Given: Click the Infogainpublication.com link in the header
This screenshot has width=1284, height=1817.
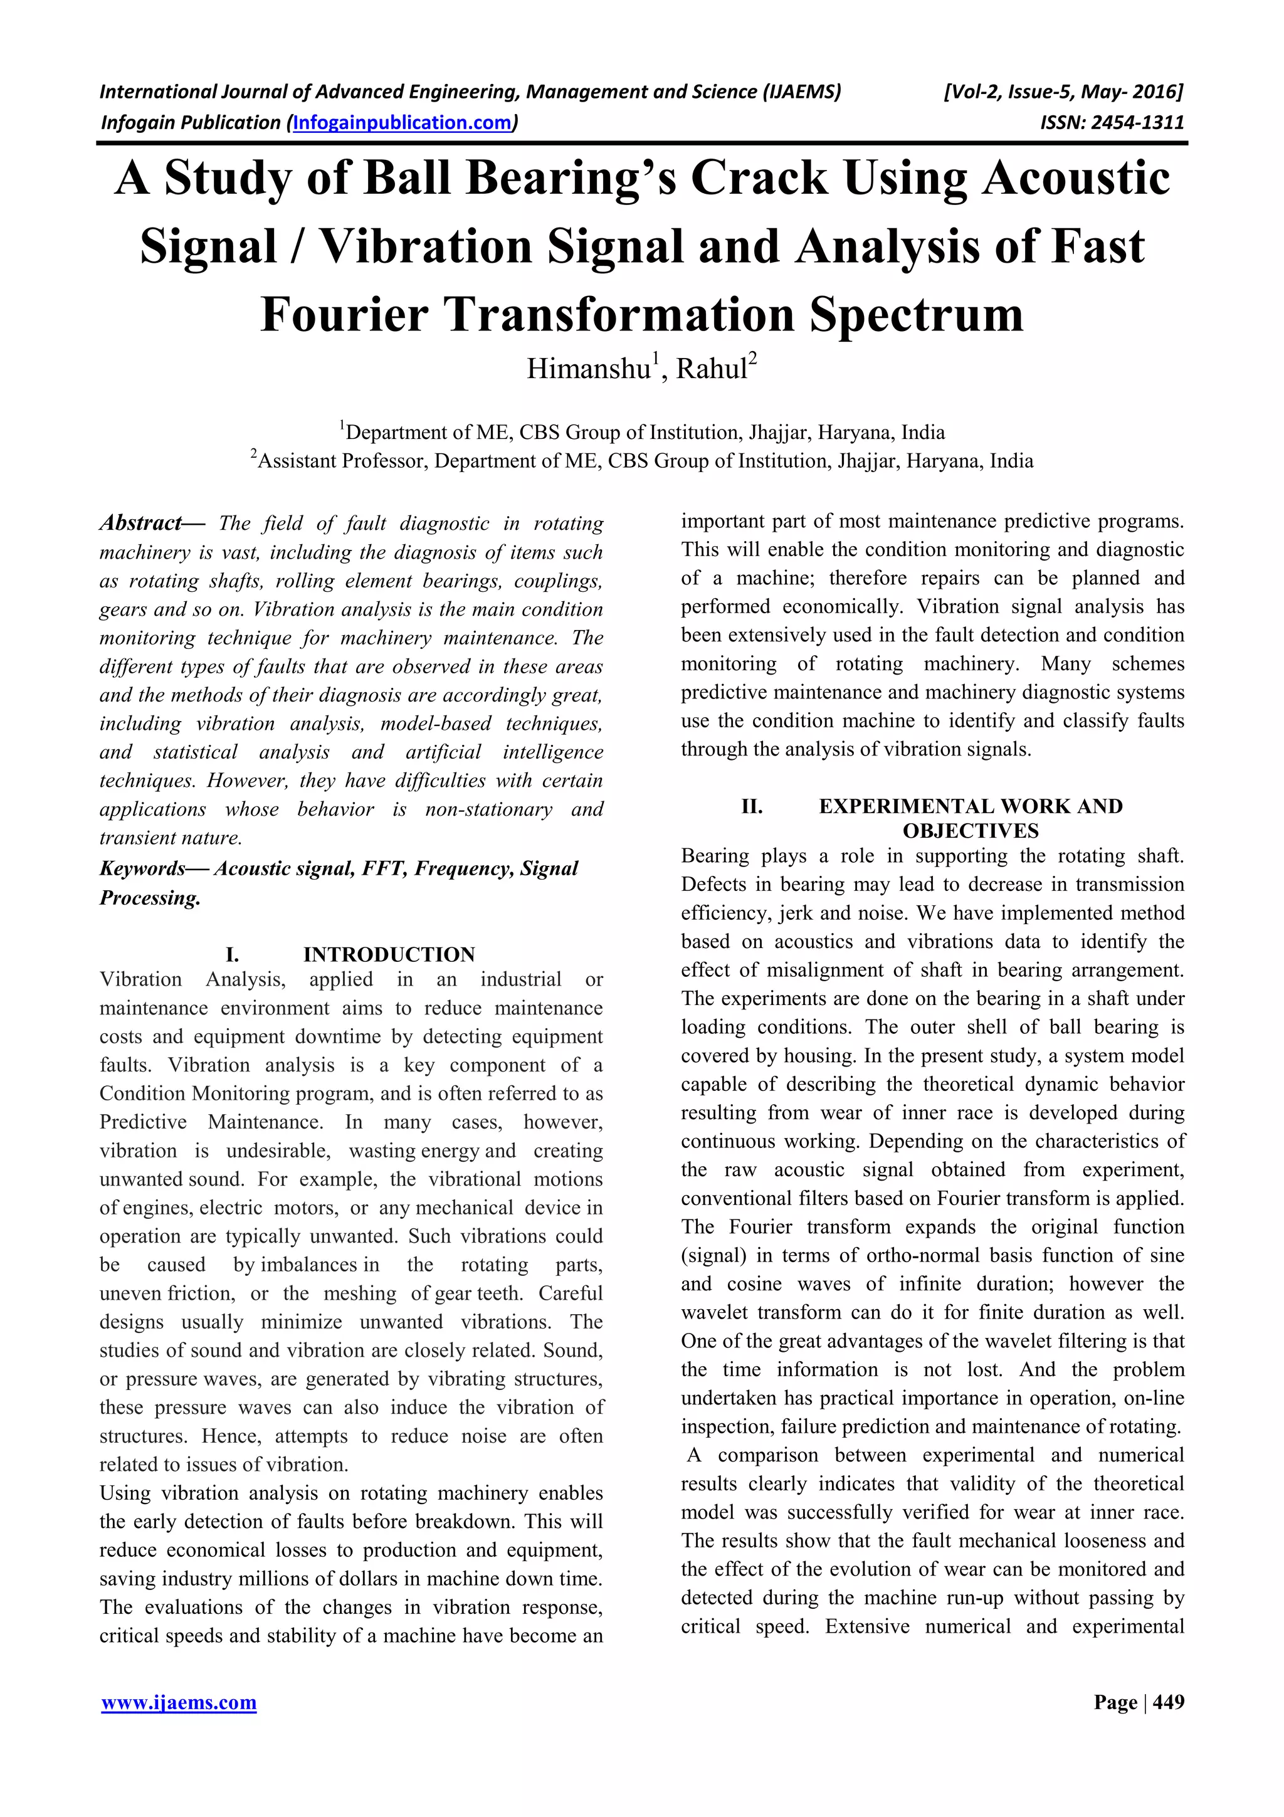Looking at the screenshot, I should [403, 123].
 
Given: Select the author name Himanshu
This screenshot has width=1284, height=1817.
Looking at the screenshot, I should [589, 369].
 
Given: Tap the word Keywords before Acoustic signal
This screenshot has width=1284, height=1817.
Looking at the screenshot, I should [142, 868].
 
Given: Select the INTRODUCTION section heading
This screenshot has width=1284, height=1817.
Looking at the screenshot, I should [389, 954].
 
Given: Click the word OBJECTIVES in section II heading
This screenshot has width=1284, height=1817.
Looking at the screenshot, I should [970, 830].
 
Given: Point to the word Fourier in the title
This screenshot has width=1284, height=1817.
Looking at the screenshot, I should [345, 314].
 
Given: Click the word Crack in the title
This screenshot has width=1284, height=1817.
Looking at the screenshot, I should [759, 178].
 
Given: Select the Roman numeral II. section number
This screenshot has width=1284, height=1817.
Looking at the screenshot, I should [752, 806].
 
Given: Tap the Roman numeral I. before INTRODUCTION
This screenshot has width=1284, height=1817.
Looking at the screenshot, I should [232, 954].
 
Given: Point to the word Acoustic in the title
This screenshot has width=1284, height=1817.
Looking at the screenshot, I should [1076, 178].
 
